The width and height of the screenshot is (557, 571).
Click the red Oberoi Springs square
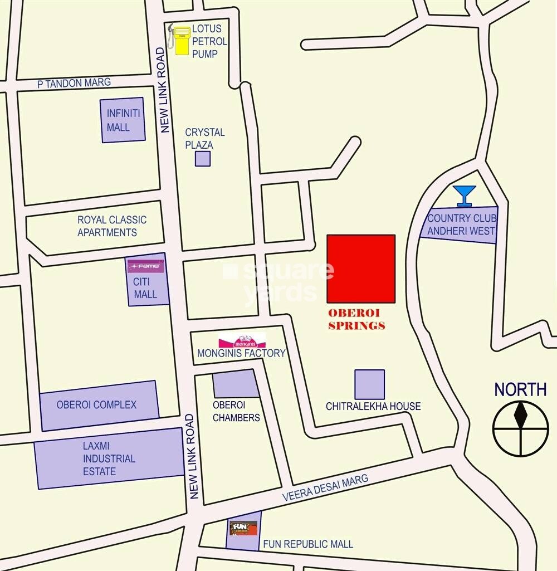[x=361, y=269]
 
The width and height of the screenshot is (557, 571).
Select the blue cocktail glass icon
[x=464, y=196]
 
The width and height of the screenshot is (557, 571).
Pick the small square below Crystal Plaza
[x=203, y=159]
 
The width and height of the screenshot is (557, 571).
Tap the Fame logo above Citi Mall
[x=146, y=266]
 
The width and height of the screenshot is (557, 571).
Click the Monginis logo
[x=242, y=341]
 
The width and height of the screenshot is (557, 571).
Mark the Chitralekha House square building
[x=370, y=384]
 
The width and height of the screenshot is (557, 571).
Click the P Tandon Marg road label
[x=74, y=83]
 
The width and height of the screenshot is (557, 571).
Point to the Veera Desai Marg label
[x=325, y=487]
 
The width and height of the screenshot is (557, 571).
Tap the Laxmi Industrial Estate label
[x=109, y=458]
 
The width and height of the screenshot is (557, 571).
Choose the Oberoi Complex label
[x=96, y=405]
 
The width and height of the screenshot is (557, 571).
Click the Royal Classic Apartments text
[x=112, y=226]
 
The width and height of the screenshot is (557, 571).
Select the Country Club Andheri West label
[x=461, y=224]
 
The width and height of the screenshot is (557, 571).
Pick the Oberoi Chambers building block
[x=236, y=384]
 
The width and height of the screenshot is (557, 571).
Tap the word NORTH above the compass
[x=520, y=389]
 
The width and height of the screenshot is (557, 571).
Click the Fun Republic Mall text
[x=308, y=544]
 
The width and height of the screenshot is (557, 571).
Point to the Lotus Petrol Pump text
[x=209, y=41]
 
